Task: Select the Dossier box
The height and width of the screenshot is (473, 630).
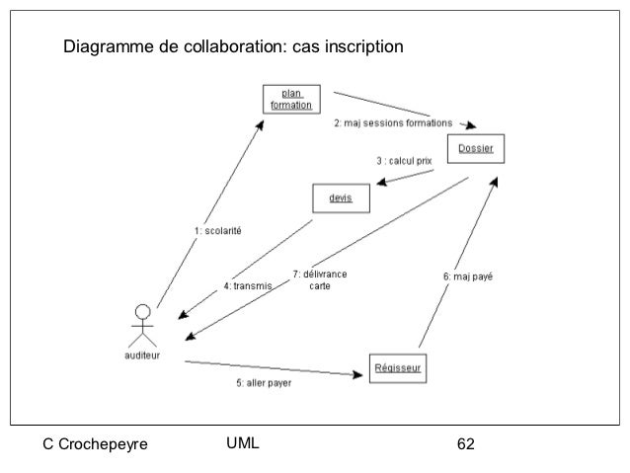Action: pos(476,149)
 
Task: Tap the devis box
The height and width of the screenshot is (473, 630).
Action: pos(341,198)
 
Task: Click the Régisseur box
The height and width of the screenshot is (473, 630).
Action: pos(399,369)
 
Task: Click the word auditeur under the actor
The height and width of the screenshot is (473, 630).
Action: pos(143,354)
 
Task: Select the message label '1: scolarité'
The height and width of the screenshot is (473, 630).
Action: pos(218,231)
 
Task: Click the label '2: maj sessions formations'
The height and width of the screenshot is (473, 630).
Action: pos(392,123)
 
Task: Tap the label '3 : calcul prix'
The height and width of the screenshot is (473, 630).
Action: pos(403,160)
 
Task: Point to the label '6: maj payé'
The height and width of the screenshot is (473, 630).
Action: pos(468,277)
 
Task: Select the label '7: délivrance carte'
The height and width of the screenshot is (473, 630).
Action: pos(319,279)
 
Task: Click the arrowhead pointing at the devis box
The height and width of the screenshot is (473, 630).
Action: pos(379,181)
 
